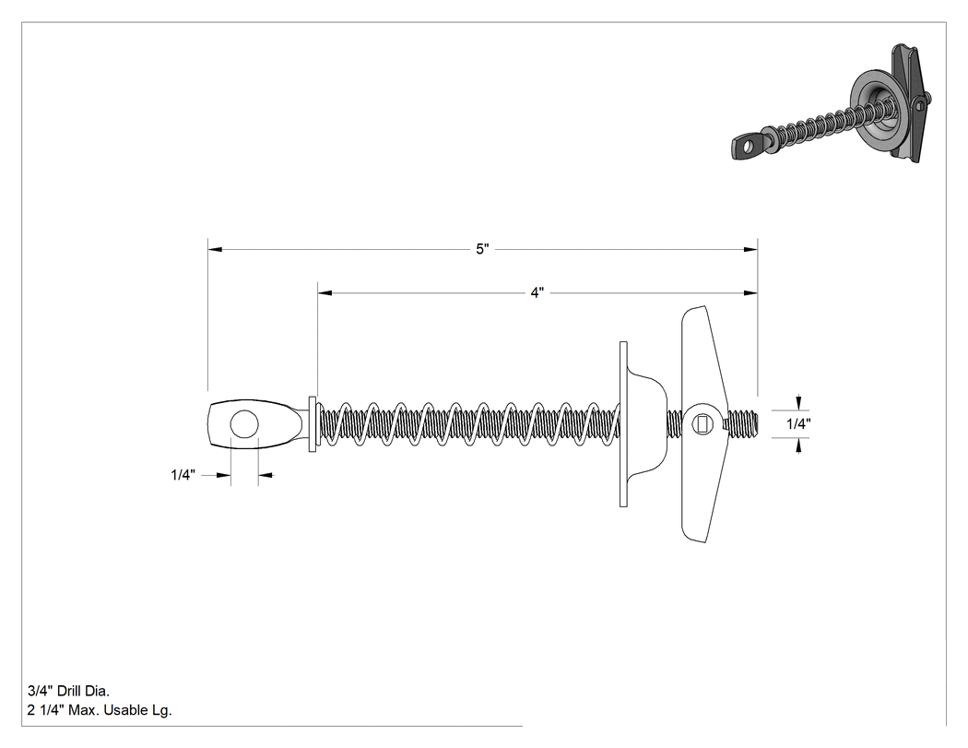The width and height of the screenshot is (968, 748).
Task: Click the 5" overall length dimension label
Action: click(x=482, y=249)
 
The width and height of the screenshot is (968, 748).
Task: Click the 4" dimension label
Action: click(x=537, y=292)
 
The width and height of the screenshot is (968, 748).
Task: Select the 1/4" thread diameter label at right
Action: click(x=798, y=423)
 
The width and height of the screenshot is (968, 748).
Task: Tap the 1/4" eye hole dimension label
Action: click(x=183, y=475)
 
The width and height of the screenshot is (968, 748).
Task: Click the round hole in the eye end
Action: click(x=244, y=424)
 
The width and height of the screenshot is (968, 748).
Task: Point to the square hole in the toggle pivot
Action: click(x=702, y=424)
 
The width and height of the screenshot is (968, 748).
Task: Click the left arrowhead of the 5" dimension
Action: click(x=215, y=250)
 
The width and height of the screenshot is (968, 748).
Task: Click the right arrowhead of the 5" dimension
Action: click(x=750, y=250)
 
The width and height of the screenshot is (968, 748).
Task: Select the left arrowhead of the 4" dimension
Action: click(x=325, y=292)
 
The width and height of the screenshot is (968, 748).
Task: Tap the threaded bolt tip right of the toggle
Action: click(x=743, y=424)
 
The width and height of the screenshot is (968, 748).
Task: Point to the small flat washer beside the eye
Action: click(x=313, y=424)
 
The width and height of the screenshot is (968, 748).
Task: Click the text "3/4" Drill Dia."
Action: click(x=68, y=691)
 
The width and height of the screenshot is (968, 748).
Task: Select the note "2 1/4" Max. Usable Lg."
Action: click(x=100, y=710)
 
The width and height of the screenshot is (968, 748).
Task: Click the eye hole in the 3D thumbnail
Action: click(x=748, y=146)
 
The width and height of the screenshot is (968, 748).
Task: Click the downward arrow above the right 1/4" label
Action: click(x=798, y=403)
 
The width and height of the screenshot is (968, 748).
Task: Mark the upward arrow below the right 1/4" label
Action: click(x=798, y=445)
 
